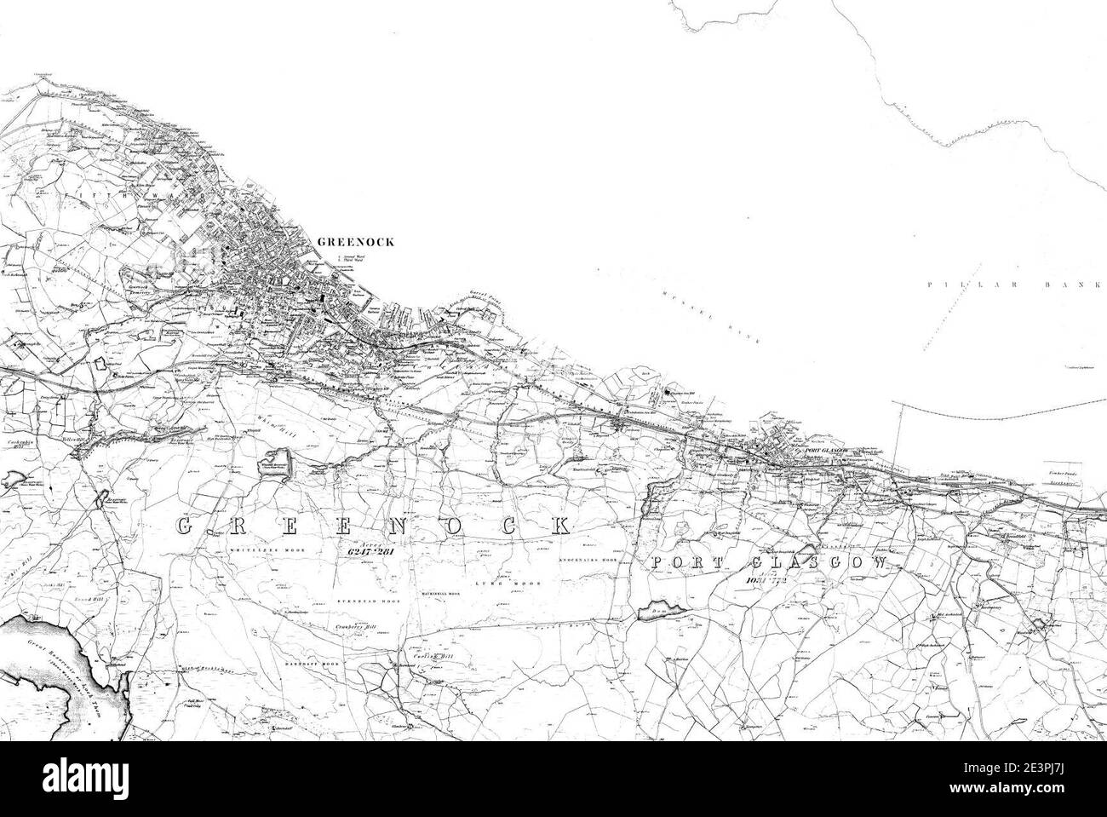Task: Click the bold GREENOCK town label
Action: click(355, 242)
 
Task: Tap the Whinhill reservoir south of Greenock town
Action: click(276, 465)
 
